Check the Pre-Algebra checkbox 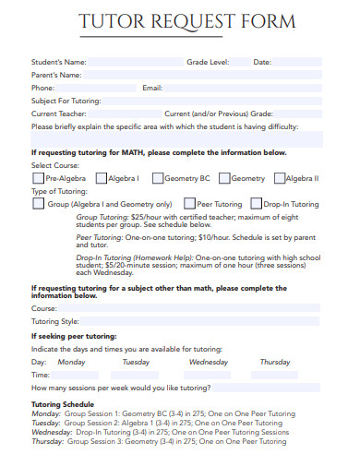click(38, 178)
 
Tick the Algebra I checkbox click(100, 178)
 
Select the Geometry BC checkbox click(158, 178)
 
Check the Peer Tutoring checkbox click(189, 204)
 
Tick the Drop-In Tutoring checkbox click(255, 204)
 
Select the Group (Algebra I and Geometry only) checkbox click(38, 204)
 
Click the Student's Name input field click(135, 62)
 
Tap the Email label click(152, 88)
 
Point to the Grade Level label click(207, 62)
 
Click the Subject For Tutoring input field click(212, 101)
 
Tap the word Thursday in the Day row click(275, 363)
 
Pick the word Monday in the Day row click(71, 363)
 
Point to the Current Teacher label click(58, 114)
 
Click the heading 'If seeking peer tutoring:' click(74, 337)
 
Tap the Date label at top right click(262, 62)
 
